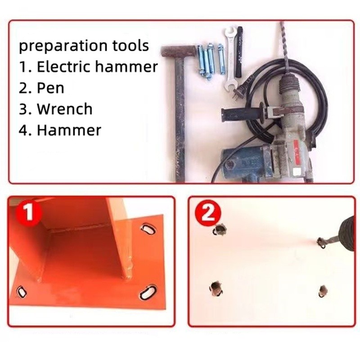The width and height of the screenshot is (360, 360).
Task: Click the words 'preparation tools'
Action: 84,46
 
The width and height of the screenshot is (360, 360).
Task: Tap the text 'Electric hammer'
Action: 97,67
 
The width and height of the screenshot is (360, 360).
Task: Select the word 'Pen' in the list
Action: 50,88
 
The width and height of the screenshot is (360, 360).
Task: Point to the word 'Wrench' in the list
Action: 65,108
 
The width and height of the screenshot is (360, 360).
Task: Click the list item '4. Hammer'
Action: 60,130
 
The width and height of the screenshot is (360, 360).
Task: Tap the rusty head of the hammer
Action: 178,52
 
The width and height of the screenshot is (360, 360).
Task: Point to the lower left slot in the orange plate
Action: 21,292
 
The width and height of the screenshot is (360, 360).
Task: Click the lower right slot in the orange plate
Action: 148,292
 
